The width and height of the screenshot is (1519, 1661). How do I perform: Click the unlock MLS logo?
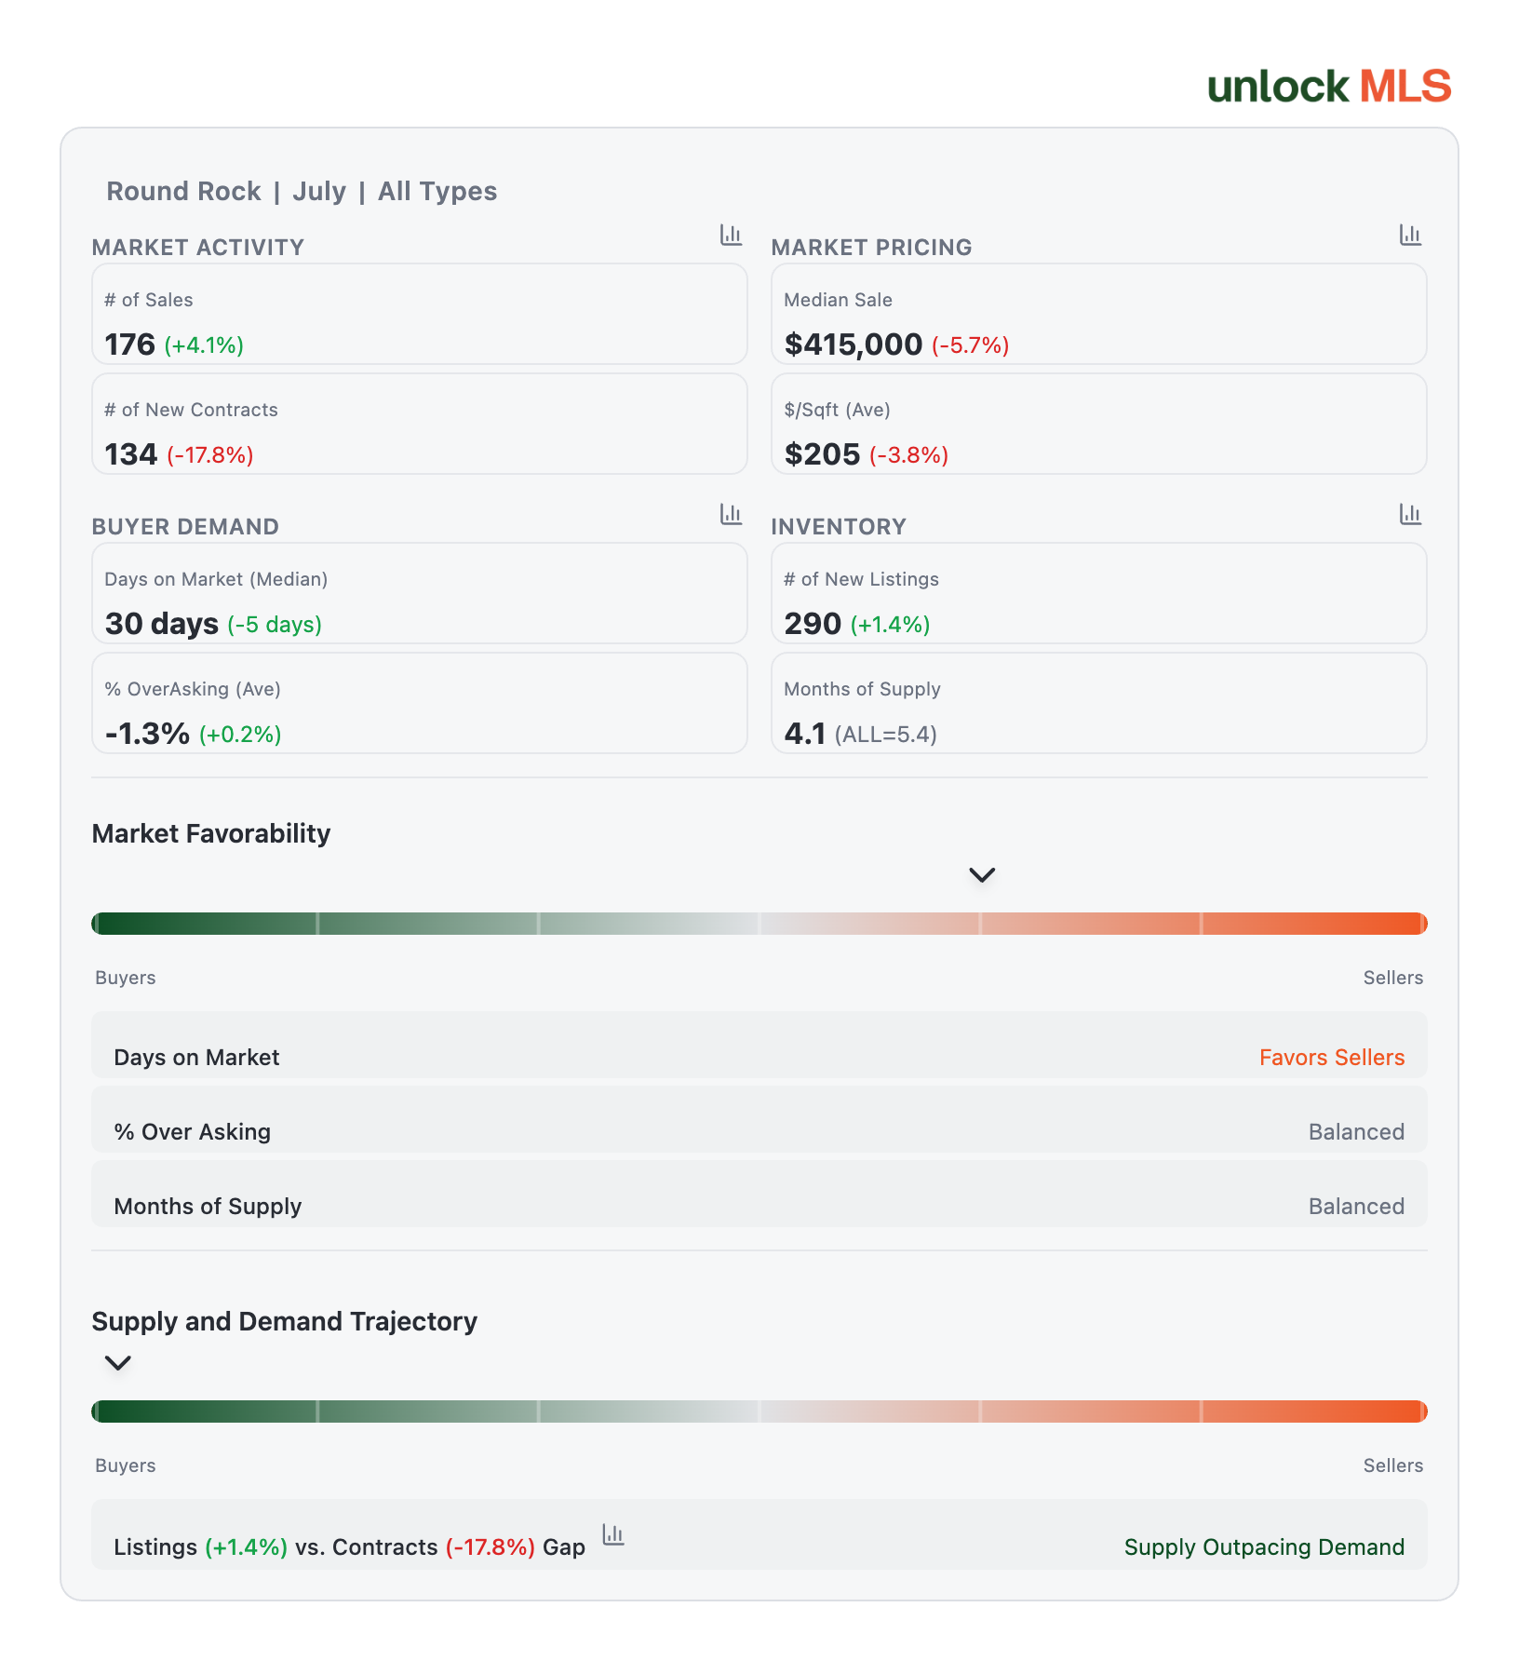(x=1329, y=87)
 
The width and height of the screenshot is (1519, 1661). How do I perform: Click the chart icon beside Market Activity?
(x=731, y=235)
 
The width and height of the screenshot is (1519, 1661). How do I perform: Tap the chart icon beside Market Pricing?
(x=1410, y=235)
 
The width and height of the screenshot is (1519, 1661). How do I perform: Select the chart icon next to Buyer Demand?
(x=731, y=514)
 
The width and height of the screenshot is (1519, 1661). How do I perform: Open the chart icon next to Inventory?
(x=1410, y=514)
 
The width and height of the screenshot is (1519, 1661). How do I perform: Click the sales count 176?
(x=129, y=344)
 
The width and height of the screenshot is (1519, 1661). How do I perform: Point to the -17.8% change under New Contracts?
(x=210, y=455)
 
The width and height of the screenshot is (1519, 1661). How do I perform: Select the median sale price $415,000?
(x=853, y=344)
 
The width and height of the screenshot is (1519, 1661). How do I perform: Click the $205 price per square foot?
(x=822, y=454)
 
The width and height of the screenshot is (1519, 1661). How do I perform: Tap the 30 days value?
(x=162, y=624)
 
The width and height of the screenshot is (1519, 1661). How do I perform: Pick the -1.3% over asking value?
(x=147, y=734)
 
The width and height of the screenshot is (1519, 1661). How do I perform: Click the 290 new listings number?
(x=813, y=624)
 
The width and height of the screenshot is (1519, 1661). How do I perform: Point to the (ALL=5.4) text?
(x=886, y=735)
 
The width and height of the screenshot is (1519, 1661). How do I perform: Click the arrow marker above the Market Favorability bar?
(x=982, y=875)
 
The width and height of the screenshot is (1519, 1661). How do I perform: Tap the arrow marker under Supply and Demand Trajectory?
(x=117, y=1363)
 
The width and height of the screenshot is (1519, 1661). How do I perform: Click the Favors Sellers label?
(x=1332, y=1058)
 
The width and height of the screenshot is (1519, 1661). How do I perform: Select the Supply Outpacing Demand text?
(x=1264, y=1547)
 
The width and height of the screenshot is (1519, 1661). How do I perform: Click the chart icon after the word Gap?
(x=613, y=1534)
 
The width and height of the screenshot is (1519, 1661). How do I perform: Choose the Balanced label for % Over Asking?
(x=1356, y=1132)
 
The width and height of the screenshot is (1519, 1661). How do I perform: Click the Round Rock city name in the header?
(x=183, y=191)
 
